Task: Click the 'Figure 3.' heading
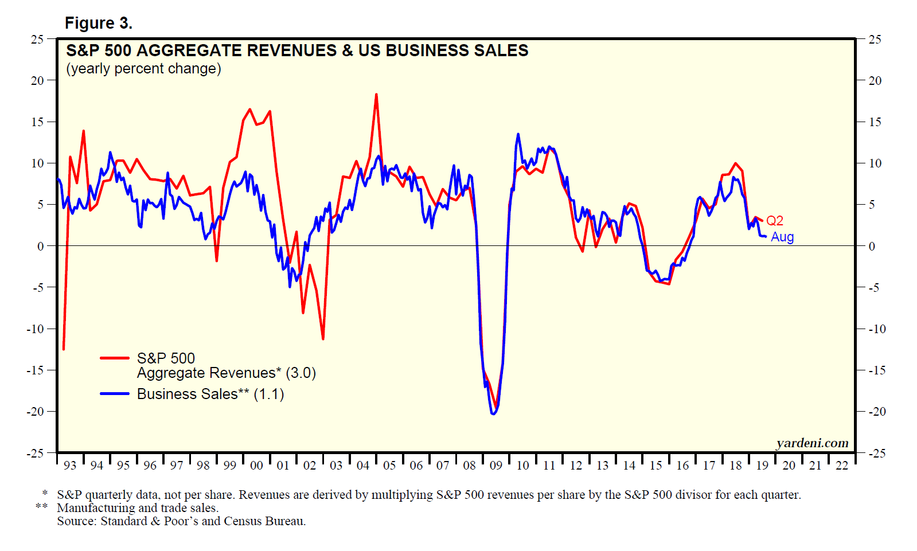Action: click(98, 23)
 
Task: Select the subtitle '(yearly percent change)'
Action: click(143, 69)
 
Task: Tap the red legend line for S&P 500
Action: click(115, 358)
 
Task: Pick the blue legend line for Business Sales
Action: click(115, 394)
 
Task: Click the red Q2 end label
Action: click(775, 221)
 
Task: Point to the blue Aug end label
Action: click(782, 237)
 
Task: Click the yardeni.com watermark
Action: click(812, 443)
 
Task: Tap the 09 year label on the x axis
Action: click(496, 466)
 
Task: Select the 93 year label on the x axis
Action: click(70, 466)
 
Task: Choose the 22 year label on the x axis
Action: click(842, 466)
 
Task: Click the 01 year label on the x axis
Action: click(283, 466)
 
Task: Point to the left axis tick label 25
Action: click(37, 40)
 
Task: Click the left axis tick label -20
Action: click(35, 412)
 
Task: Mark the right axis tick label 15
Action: click(875, 122)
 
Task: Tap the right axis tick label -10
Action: click(876, 329)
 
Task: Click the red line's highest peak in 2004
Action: click(376, 95)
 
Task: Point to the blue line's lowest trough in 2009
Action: click(494, 413)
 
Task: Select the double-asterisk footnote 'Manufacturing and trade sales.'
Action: click(138, 508)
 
